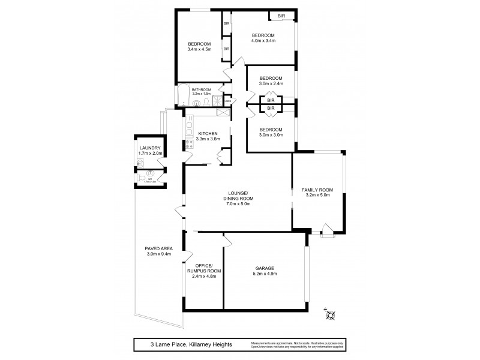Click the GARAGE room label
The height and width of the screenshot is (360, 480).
tap(265, 268)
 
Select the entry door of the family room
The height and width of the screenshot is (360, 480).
tap(328, 229)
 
